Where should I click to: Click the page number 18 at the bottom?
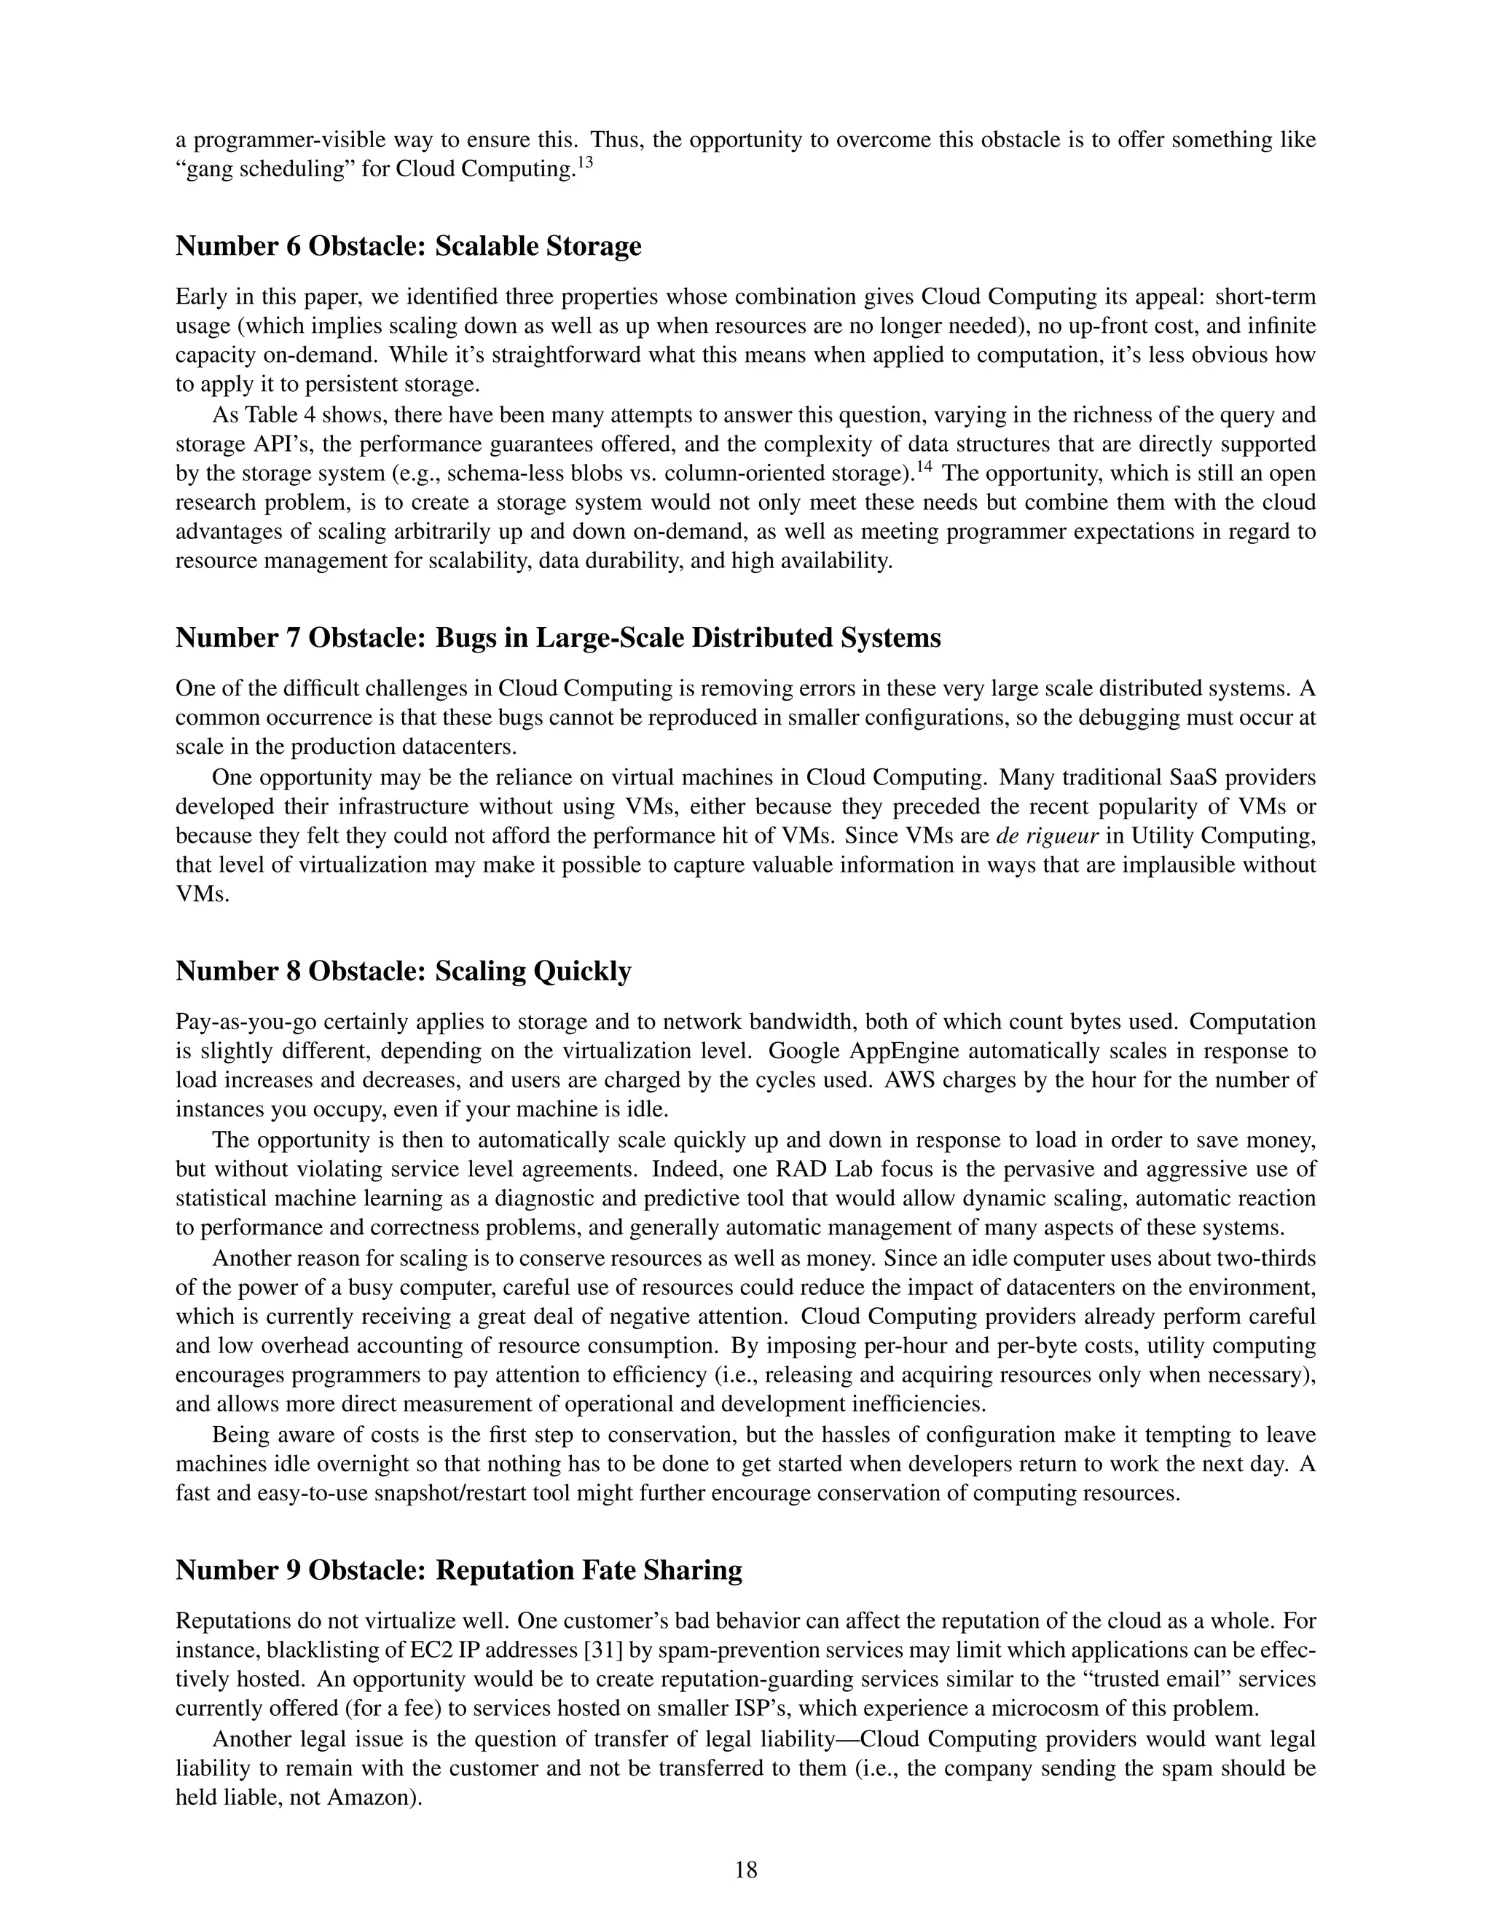click(745, 1869)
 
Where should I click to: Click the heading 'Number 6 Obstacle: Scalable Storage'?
click(409, 245)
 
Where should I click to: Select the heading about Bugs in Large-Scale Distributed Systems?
click(558, 637)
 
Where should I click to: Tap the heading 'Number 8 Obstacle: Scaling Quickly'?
click(403, 970)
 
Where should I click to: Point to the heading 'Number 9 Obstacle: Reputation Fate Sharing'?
click(459, 1569)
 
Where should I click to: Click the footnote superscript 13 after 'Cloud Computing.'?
click(584, 162)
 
